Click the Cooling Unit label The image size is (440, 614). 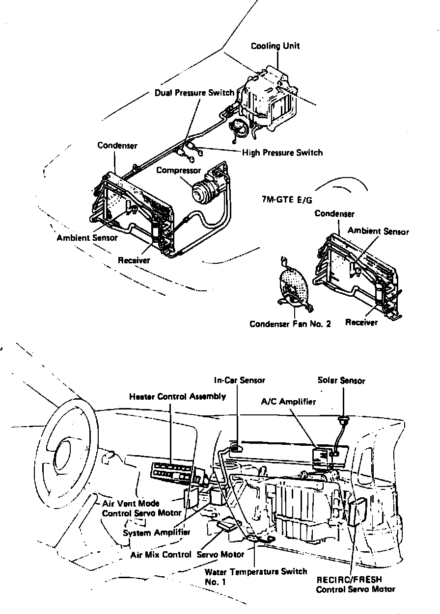pyautogui.click(x=275, y=46)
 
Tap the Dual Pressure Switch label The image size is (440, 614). pyautogui.click(x=194, y=93)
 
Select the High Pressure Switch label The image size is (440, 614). pyautogui.click(x=282, y=153)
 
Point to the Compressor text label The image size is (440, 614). pyautogui.click(x=178, y=170)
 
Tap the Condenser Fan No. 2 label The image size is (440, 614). pyautogui.click(x=290, y=324)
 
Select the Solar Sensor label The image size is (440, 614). pyautogui.click(x=341, y=381)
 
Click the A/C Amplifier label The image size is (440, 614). pyautogui.click(x=288, y=402)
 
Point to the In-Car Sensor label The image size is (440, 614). pyautogui.click(x=239, y=380)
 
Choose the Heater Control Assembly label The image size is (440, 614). pyautogui.click(x=177, y=396)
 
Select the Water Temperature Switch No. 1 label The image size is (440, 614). pyautogui.click(x=255, y=576)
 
